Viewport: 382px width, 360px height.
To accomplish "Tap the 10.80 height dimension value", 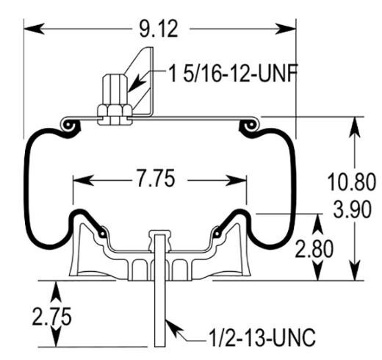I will click(350, 181).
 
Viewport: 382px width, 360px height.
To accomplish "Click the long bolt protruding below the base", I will click(159, 309).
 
